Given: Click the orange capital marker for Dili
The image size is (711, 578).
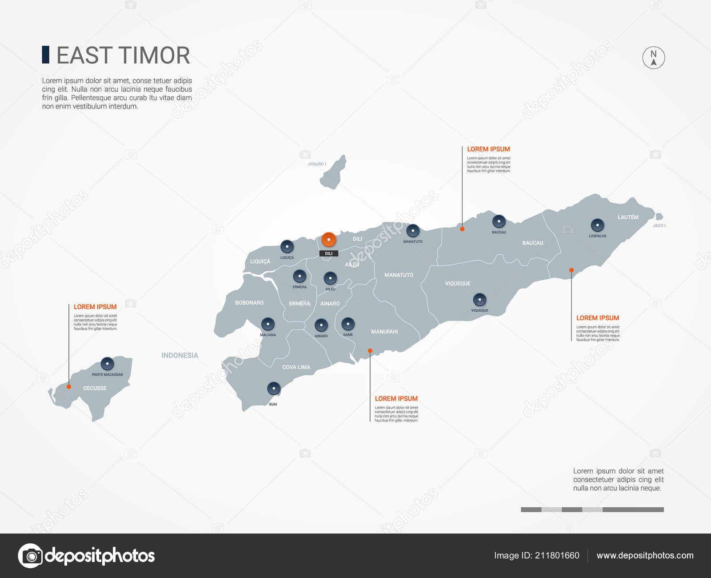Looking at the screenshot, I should pos(329,240).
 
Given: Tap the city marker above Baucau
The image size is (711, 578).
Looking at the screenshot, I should pos(499,221).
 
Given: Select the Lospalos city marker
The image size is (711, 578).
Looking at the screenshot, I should pos(597,225).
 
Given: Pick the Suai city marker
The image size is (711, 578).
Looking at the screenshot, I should pos(274,388).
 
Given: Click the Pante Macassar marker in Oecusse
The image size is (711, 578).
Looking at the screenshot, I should pos(107,364).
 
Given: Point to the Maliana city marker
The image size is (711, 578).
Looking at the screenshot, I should pos(268,324).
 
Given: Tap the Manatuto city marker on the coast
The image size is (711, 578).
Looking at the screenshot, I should pos(413,230).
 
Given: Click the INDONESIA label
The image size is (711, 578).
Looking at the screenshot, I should pos(180,355).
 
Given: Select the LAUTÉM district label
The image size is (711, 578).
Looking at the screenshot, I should pos(628,217).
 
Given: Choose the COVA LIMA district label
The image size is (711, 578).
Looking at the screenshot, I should pos(296,367).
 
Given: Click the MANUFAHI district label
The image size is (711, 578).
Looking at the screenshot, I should pos(384,332).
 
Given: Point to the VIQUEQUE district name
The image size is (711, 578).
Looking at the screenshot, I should pos(457,283).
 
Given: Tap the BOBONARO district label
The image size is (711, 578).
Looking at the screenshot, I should pos(249,303).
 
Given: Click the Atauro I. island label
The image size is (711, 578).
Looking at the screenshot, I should pos(317,164).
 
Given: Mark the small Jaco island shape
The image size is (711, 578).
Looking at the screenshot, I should pos(659,217).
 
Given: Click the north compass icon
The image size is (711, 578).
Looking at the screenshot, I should pos(653,58).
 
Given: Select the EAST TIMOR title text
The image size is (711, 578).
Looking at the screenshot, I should pos(123,56).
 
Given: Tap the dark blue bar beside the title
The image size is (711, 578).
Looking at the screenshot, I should pos(45,55).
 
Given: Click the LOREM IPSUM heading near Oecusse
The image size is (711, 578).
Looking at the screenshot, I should pos(95,307).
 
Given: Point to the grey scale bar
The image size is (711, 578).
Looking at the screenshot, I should pos(592,510).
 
